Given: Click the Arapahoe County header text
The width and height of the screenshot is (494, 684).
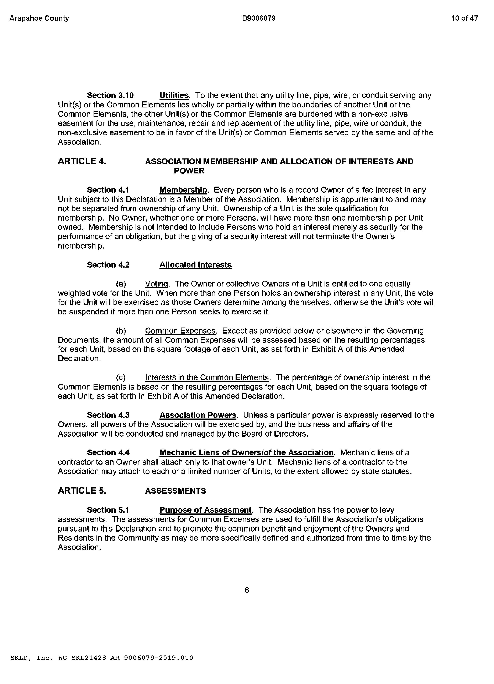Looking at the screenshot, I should click(x=39, y=18).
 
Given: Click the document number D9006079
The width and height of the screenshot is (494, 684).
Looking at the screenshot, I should click(x=258, y=18).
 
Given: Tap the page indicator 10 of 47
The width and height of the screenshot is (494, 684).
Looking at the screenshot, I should click(x=464, y=18).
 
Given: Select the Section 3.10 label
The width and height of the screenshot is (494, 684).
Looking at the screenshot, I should click(x=110, y=95).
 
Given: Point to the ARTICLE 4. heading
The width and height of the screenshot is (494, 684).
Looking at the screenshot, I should click(x=82, y=161).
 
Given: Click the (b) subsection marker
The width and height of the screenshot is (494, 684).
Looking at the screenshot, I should click(x=121, y=331).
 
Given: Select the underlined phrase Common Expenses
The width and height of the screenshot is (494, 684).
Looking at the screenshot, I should click(x=180, y=331).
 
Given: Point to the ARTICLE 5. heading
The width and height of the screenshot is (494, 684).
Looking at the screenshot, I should click(x=82, y=491).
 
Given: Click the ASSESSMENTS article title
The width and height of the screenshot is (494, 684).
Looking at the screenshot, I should click(x=175, y=491).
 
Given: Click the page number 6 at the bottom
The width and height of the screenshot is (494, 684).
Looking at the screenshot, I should click(x=247, y=590).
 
